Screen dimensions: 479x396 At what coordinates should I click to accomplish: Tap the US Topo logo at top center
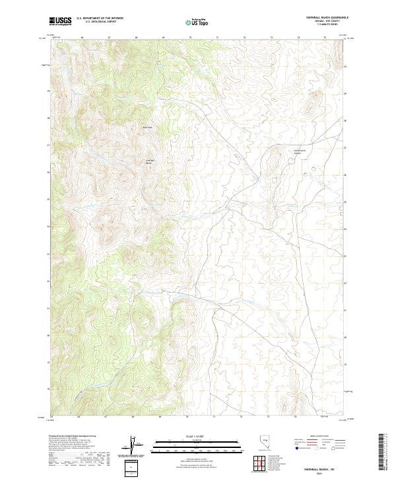point(197,22)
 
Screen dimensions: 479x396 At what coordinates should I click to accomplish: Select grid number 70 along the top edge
point(191,38)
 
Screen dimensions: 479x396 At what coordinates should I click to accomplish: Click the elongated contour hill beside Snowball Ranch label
point(275,159)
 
